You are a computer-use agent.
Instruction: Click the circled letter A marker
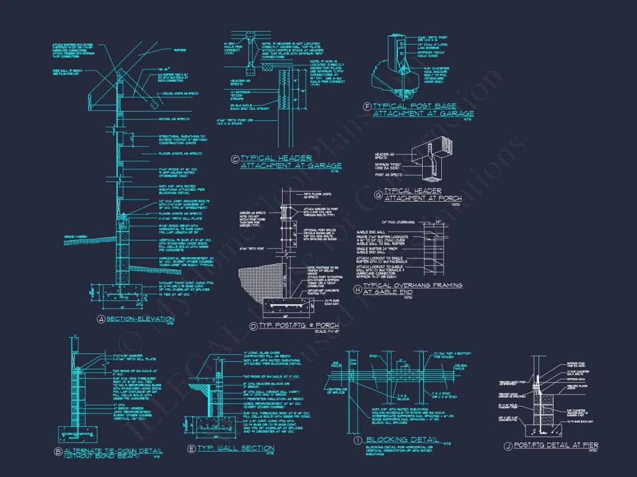point(100,319)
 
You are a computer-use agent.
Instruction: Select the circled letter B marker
point(58,451)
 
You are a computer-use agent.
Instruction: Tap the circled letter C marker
point(235,159)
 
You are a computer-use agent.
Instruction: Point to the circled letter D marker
point(253,327)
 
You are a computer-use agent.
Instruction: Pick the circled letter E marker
point(191,449)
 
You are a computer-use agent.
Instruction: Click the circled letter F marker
point(367,107)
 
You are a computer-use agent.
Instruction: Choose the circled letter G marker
point(378,195)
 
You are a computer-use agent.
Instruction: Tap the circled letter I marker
point(359,441)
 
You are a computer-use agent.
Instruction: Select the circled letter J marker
point(508,445)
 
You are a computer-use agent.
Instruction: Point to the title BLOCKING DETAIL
point(403,440)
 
